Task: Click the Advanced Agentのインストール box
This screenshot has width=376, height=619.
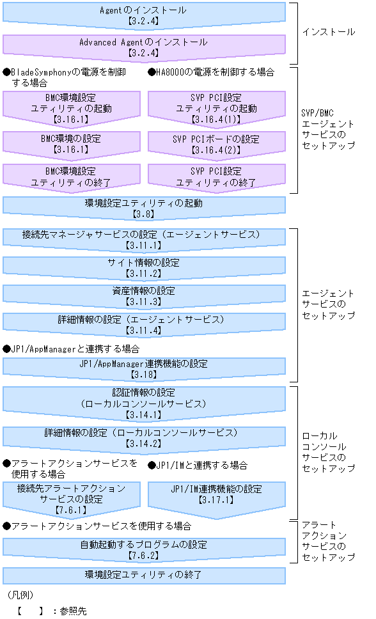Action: pyautogui.click(x=143, y=46)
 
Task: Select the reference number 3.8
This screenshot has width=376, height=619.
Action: pyautogui.click(x=143, y=214)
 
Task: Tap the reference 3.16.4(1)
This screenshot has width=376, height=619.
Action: pyautogui.click(x=216, y=119)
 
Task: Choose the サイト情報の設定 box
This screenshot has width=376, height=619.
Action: pyautogui.click(x=143, y=267)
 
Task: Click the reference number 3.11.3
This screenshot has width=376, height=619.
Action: pyautogui.click(x=143, y=302)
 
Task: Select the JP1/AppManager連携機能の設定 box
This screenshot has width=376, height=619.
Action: pyautogui.click(x=143, y=368)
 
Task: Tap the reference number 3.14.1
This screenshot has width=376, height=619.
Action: pyautogui.click(x=143, y=415)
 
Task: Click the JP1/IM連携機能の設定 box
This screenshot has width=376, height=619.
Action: pyautogui.click(x=216, y=494)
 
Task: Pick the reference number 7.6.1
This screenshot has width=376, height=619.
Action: pyautogui.click(x=72, y=511)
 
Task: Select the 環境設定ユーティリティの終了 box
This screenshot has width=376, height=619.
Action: pyautogui.click(x=143, y=574)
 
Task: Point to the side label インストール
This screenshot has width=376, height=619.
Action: pyautogui.click(x=328, y=31)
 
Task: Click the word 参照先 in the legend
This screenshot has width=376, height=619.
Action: pyautogui.click(x=73, y=611)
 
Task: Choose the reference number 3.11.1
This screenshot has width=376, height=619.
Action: pyautogui.click(x=143, y=245)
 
